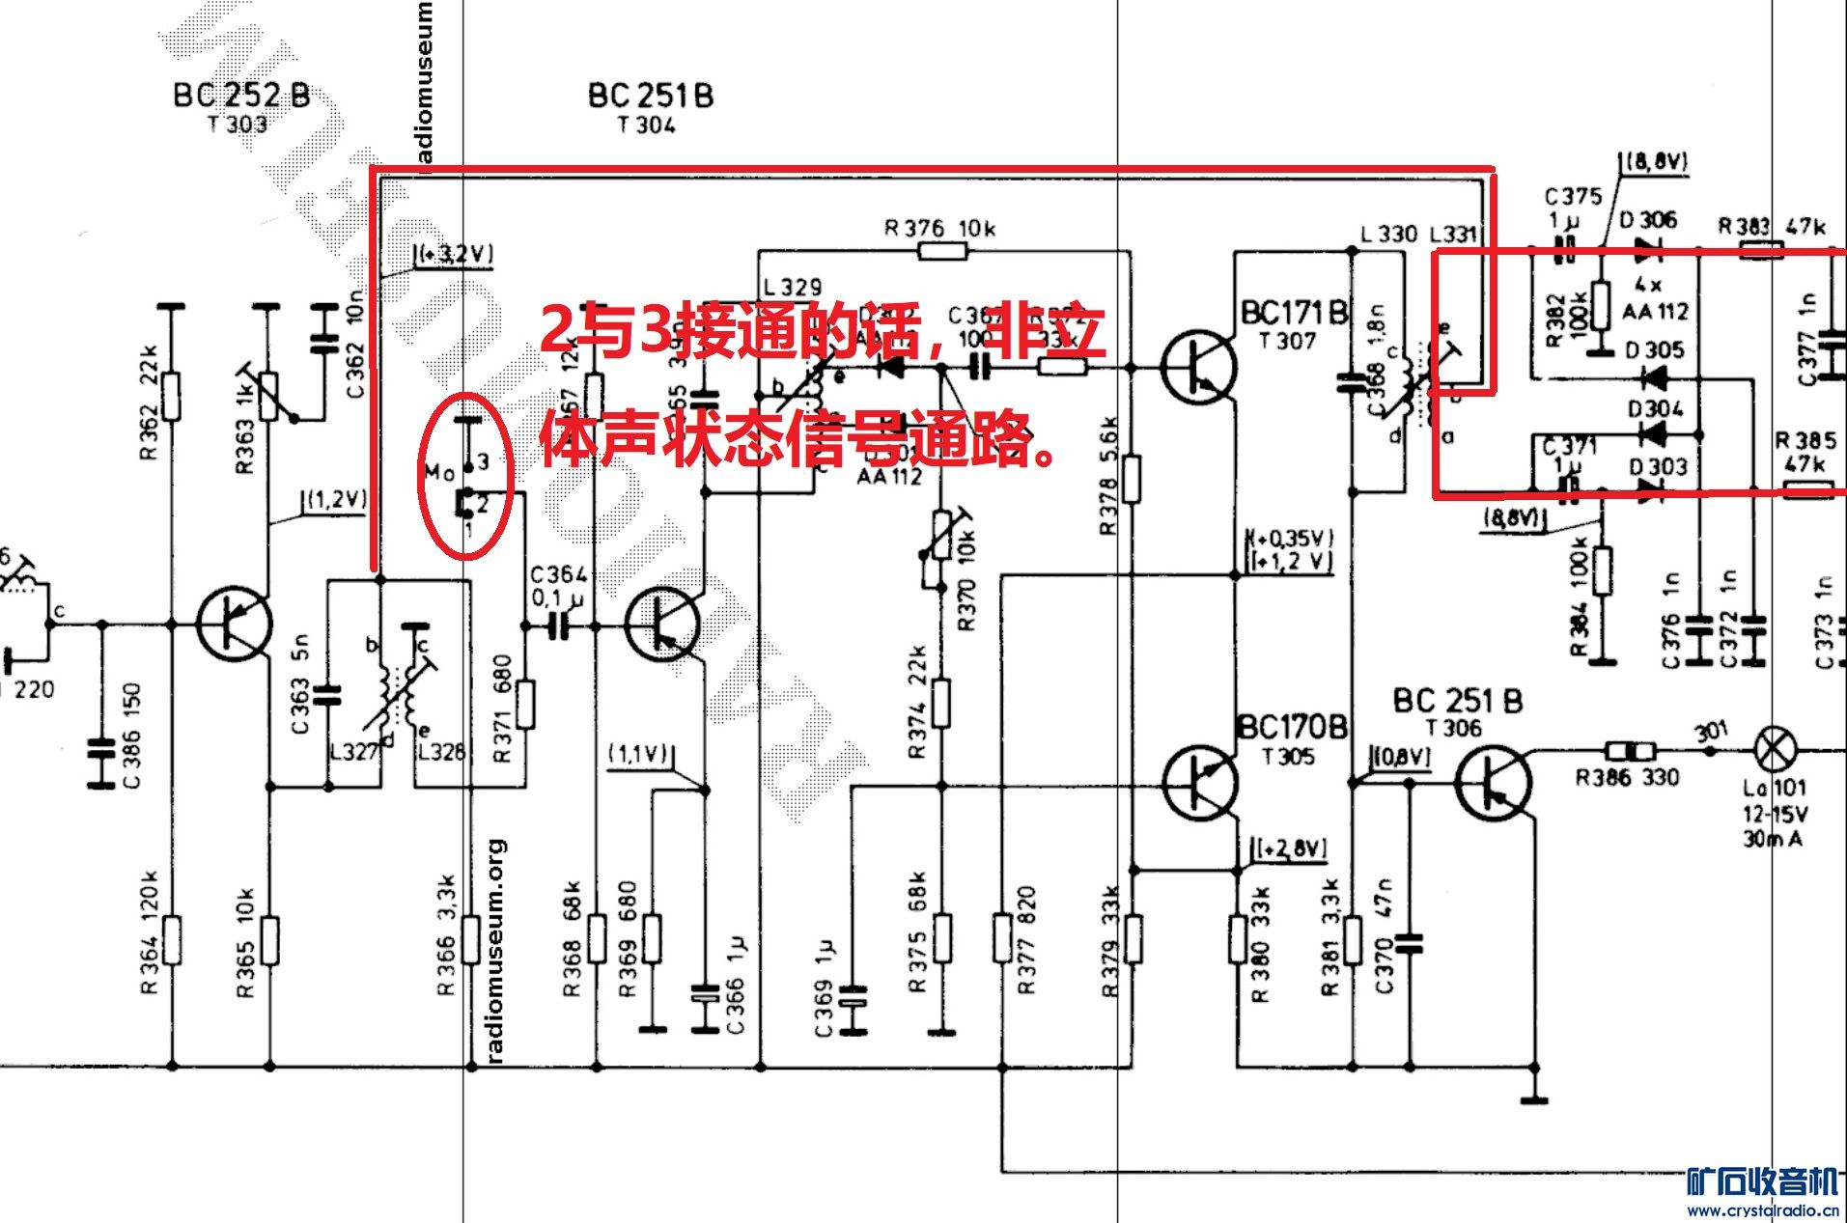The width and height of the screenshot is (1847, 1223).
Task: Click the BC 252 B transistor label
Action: (241, 95)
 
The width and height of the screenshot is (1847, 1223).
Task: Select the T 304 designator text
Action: (646, 125)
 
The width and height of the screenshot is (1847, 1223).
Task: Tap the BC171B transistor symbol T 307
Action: (1198, 368)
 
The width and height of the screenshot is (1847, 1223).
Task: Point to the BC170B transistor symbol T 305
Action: (1200, 783)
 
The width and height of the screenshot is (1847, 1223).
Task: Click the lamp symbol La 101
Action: (1775, 749)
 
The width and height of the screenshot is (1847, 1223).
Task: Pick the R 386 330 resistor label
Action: (1627, 777)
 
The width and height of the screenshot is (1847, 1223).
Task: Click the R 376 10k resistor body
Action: (941, 252)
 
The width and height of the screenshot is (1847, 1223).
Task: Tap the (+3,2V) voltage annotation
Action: (454, 254)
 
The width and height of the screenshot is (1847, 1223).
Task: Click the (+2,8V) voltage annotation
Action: (1292, 848)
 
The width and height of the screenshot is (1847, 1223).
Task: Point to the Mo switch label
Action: (439, 472)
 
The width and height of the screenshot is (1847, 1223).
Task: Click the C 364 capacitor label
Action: (558, 574)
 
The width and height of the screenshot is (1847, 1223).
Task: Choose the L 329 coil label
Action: (792, 287)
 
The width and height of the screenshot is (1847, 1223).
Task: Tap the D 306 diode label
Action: (1648, 220)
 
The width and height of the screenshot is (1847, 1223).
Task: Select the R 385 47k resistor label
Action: (1805, 452)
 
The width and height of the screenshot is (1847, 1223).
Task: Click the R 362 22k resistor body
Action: (171, 396)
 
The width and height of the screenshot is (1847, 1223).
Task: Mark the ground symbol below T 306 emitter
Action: (1533, 1098)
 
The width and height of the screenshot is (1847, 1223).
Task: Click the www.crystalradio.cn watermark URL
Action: (1762, 1210)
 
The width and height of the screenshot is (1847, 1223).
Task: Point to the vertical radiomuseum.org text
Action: (495, 951)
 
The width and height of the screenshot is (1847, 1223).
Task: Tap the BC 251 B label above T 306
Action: (1457, 701)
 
